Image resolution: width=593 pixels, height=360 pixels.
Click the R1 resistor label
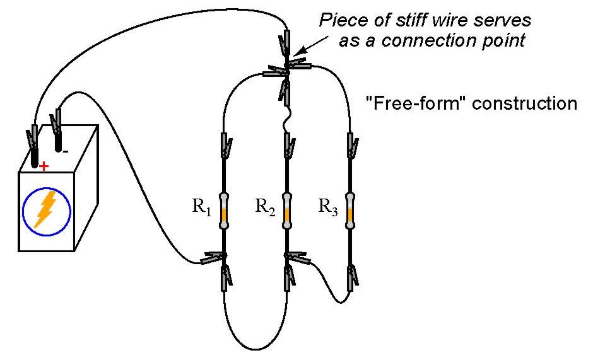pyautogui.click(x=201, y=206)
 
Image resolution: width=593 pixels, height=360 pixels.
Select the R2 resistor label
pyautogui.click(x=264, y=206)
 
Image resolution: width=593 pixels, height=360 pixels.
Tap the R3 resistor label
pyautogui.click(x=327, y=206)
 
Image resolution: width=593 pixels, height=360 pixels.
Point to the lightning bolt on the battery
pyautogui.click(x=45, y=209)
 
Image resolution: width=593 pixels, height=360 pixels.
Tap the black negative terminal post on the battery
pyautogui.click(x=59, y=141)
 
